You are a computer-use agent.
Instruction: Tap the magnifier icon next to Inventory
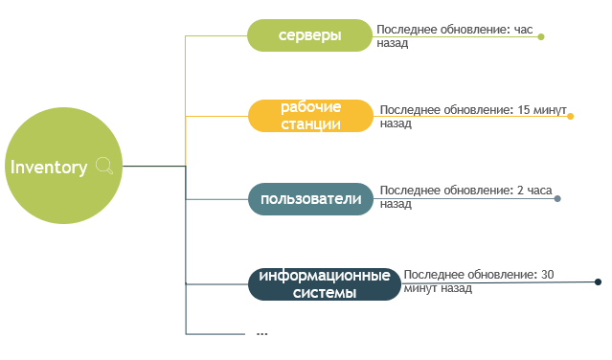(105, 168)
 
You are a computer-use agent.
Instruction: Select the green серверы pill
(309, 35)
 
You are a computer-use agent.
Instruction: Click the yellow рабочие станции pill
(310, 115)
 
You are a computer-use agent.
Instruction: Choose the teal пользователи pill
(310, 199)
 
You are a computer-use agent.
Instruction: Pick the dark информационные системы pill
(324, 284)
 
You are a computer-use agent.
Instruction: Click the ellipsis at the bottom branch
(261, 333)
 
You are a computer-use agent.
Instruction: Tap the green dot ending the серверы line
(541, 37)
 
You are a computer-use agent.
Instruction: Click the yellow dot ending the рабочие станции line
(570, 117)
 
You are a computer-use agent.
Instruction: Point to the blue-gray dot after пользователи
(557, 199)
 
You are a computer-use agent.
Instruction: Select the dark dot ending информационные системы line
(598, 281)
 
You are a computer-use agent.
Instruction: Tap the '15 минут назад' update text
(473, 117)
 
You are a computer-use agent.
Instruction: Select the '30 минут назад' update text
(479, 281)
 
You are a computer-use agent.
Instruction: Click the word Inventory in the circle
(49, 168)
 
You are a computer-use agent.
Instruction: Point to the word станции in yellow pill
(310, 124)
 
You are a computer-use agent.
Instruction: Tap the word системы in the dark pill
(324, 293)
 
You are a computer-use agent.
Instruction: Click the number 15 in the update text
(525, 110)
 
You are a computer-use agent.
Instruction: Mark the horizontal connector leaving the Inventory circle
(153, 167)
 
